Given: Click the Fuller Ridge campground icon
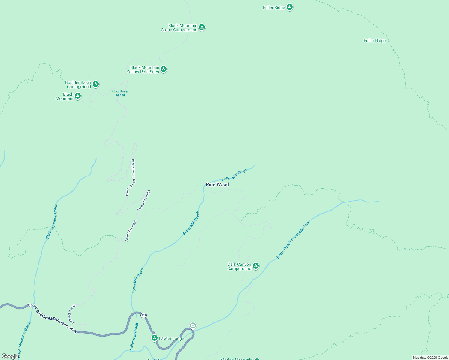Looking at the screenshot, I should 289,7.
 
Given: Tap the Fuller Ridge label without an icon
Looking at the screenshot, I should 375,40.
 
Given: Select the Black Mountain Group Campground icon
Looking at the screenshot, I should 202,27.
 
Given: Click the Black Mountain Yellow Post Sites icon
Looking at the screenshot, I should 163,69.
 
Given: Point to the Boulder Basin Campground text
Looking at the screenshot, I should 78,85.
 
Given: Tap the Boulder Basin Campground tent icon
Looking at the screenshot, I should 95,84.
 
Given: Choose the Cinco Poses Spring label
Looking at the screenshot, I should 120,93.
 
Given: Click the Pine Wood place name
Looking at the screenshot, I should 217,184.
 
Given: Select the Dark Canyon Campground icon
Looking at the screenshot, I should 255,266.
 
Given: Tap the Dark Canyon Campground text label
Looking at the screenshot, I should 239,266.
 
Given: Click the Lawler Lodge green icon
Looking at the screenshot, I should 154,338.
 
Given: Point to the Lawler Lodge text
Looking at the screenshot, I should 171,338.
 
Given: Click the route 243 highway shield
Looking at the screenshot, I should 143,315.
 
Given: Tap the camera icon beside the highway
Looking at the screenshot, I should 193,325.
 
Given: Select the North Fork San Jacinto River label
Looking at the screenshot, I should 293,239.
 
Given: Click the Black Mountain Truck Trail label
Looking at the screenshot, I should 131,178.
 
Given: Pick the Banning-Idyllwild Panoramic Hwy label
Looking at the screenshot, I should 53,318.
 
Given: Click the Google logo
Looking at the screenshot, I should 10,356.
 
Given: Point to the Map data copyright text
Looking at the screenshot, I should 430,358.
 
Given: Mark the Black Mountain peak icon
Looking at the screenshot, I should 77,96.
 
